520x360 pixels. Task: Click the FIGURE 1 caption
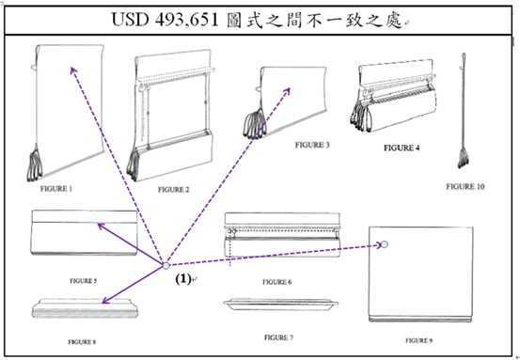tap(56, 189)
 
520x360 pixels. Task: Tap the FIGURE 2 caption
tap(173, 190)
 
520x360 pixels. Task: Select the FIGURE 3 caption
tap(312, 145)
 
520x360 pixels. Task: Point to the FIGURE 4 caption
tap(402, 148)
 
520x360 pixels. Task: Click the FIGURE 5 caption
tap(84, 281)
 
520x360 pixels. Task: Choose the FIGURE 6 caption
tap(276, 282)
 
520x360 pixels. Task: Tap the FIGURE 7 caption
tap(278, 337)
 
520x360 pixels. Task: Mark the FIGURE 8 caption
tap(82, 342)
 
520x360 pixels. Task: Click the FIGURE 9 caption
tap(418, 340)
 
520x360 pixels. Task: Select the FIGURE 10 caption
tap(465, 187)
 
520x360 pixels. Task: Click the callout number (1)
tap(183, 279)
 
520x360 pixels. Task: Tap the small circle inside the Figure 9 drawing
tap(385, 244)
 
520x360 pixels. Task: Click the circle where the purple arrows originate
tap(166, 265)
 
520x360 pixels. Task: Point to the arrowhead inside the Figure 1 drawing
tap(73, 70)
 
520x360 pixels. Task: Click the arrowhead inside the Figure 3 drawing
tap(287, 91)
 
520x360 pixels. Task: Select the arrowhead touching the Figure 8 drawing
tap(104, 301)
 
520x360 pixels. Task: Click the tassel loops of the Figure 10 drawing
tap(463, 159)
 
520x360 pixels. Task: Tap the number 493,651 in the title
tap(187, 20)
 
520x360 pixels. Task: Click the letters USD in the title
tap(130, 20)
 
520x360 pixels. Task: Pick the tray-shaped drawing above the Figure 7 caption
tap(280, 305)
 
